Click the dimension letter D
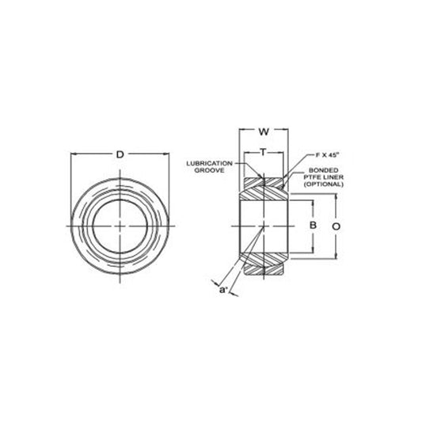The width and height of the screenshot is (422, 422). (x=120, y=154)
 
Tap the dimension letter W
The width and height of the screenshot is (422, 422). (x=264, y=132)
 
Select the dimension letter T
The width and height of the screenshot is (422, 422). (x=263, y=152)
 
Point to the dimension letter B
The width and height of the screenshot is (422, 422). (x=313, y=225)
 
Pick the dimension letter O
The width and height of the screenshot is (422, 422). (x=336, y=226)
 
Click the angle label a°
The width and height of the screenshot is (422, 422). (x=223, y=290)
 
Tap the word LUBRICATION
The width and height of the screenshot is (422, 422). (x=209, y=163)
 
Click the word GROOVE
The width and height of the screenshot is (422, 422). (x=209, y=170)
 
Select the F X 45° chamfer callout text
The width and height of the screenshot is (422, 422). (x=327, y=155)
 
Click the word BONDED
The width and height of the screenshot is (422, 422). (x=324, y=170)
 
